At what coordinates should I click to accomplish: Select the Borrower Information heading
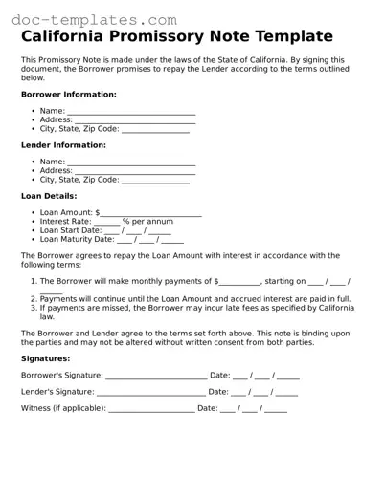coord(68,95)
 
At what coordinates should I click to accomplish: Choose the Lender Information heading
coord(63,145)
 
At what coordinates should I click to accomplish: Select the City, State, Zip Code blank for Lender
coord(155,181)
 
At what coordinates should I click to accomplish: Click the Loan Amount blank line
coord(151,214)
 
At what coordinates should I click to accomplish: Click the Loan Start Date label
coord(70,230)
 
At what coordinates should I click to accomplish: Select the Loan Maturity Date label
coord(77,239)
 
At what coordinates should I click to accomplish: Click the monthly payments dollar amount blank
coord(240,283)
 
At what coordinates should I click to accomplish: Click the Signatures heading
coord(45,359)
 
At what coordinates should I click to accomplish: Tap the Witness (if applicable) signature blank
coord(151,409)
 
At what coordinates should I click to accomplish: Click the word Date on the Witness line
coord(207,408)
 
